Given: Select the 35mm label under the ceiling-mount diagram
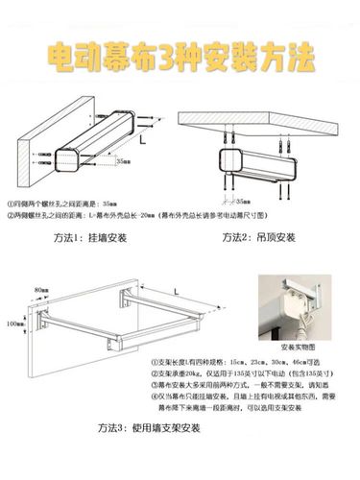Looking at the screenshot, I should click(x=243, y=203).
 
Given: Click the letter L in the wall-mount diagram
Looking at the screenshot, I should click(x=142, y=140).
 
